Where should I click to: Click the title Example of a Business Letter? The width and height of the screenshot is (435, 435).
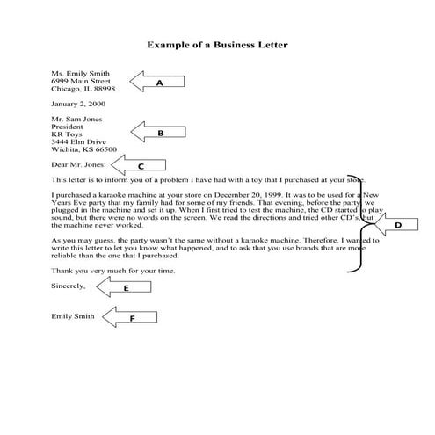coord(217,44)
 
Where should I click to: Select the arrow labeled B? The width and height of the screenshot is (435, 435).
coord(158,134)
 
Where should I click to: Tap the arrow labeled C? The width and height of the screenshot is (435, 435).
coord(138,164)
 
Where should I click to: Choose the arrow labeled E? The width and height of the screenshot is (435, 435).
coord(126,287)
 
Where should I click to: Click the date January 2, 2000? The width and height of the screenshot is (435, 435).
coord(79,105)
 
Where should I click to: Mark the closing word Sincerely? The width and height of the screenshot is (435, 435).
coord(69,286)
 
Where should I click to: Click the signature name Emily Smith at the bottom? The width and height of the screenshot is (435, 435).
coord(75,316)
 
